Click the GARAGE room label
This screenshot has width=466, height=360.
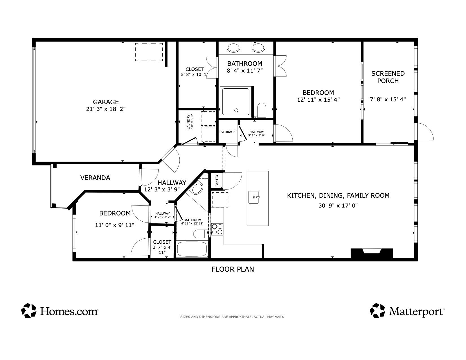[106, 102]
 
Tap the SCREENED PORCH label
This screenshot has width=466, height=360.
[388, 77]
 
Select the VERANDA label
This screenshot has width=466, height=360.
[95, 178]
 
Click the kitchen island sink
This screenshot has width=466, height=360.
[254, 197]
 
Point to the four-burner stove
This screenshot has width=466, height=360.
[217, 229]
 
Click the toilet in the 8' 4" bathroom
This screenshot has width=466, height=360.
[262, 110]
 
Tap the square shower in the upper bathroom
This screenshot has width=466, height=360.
[236, 102]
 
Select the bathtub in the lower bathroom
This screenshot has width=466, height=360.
[192, 248]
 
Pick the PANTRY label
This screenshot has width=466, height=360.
[217, 181]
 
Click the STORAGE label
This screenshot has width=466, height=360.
[228, 132]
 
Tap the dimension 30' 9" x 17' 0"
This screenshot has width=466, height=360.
[338, 206]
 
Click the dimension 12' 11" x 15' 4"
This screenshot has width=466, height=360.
[318, 100]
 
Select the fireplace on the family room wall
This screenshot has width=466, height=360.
[371, 252]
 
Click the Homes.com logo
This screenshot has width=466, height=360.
[60, 311]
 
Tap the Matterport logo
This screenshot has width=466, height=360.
[407, 311]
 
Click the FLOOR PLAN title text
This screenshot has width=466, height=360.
[233, 269]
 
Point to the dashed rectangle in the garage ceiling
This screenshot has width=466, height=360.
[149, 52]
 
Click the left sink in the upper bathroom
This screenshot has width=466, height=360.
[233, 47]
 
